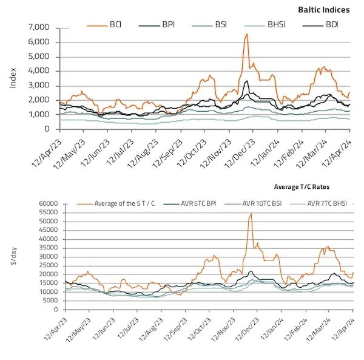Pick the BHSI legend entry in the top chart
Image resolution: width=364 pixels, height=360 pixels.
coord(277,25)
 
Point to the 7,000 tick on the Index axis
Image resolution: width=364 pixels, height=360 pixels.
coord(38,28)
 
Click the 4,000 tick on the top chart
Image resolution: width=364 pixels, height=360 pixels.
coord(38,71)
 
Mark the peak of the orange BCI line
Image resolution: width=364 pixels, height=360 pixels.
coord(246,34)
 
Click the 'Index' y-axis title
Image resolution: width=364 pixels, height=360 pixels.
coord(13,77)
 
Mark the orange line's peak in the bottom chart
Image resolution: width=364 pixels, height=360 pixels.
coord(251,214)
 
